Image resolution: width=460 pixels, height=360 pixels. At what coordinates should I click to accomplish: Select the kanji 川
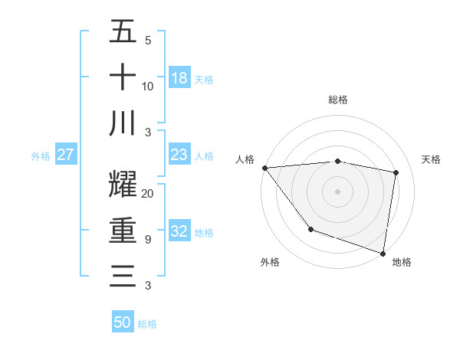(x=123, y=123)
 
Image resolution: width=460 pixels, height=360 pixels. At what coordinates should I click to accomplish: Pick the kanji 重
(x=123, y=230)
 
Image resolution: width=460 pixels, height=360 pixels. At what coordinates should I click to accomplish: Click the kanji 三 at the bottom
(x=123, y=276)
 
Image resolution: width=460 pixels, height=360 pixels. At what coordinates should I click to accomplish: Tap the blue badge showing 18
(x=179, y=78)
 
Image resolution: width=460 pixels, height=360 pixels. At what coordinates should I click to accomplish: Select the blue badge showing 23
(x=179, y=155)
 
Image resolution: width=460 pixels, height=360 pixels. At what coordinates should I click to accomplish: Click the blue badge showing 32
(x=179, y=231)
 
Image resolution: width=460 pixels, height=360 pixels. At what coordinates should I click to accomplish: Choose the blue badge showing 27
(x=65, y=155)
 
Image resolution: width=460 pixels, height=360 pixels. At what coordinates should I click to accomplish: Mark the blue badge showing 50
(x=123, y=322)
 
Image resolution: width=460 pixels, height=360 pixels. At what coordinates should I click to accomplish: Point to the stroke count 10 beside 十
(x=148, y=86)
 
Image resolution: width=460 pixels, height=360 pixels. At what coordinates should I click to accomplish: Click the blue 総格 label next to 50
(x=147, y=324)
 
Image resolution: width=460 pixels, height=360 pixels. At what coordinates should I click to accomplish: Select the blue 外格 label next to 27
(x=41, y=156)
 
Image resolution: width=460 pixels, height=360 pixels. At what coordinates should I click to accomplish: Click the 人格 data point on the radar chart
(x=264, y=168)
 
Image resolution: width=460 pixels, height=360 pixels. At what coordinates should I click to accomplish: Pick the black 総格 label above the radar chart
(x=338, y=100)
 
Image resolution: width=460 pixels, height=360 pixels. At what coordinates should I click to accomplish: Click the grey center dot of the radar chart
(x=337, y=191)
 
